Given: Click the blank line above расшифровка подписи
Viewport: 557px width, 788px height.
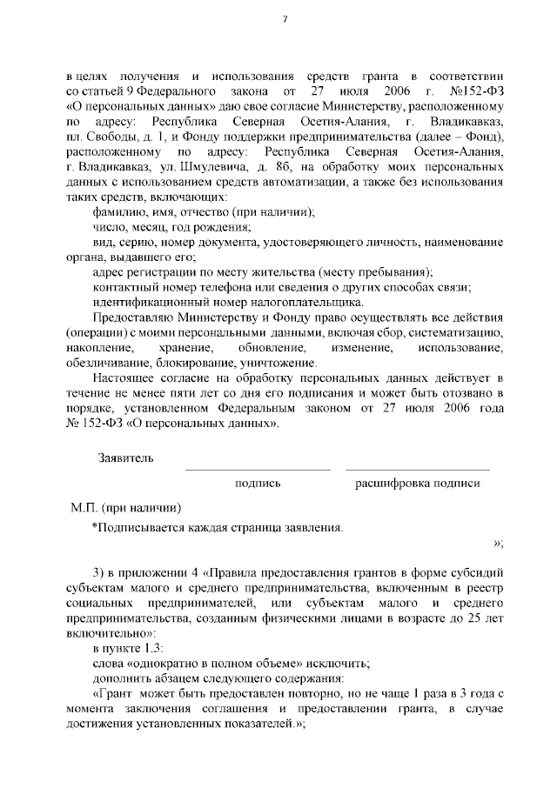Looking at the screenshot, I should coord(417,470).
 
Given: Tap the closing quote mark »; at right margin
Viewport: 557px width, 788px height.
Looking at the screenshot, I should coord(499,544).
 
